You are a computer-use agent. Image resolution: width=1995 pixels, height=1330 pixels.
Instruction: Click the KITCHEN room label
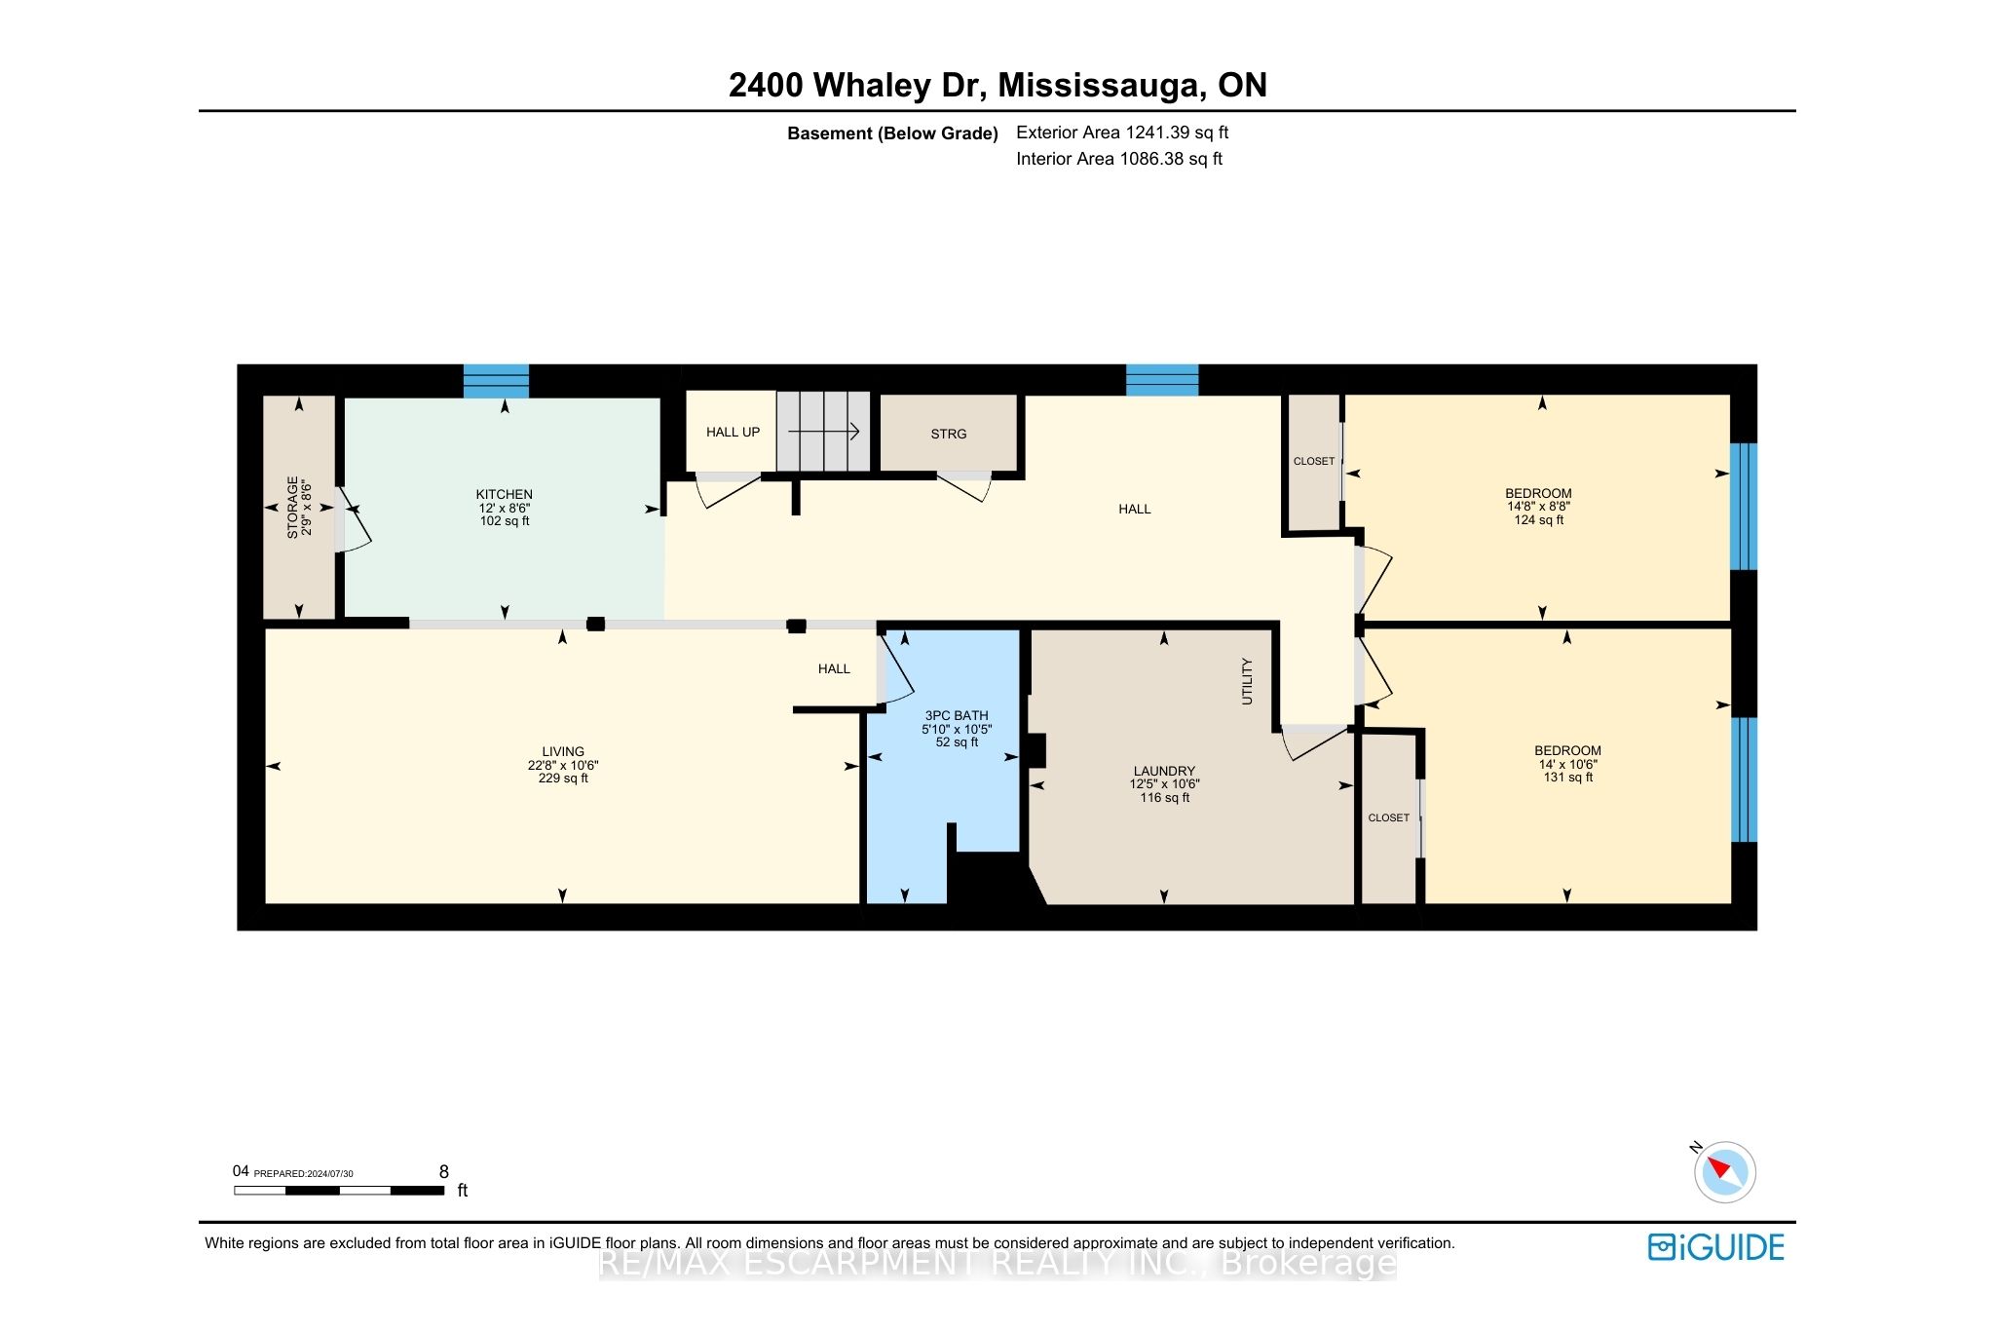(x=505, y=495)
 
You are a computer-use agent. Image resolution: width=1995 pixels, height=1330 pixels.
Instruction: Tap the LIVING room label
(x=563, y=752)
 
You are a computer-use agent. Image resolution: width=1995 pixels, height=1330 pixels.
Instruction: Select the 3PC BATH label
(x=957, y=715)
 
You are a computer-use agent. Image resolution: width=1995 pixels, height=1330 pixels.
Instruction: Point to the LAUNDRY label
(x=1164, y=771)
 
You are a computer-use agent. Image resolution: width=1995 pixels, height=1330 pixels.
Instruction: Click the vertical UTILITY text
(x=1247, y=681)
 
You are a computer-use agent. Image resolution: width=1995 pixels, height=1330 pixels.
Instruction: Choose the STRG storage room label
(x=949, y=434)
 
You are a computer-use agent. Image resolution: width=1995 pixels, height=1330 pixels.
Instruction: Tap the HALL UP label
(x=733, y=432)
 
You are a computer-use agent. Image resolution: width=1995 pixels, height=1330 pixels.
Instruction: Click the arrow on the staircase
(x=823, y=431)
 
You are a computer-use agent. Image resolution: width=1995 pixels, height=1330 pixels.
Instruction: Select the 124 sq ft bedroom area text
(x=1539, y=520)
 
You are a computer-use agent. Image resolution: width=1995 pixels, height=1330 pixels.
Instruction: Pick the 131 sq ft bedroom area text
(x=1568, y=778)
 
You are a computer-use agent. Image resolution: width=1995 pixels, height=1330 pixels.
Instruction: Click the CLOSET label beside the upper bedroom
(x=1314, y=461)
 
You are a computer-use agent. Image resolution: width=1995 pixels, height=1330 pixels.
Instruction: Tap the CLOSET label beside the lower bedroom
(x=1389, y=817)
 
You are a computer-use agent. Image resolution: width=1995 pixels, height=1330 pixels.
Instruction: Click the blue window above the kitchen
(x=496, y=381)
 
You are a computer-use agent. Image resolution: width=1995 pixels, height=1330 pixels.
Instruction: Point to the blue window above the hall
(x=1162, y=380)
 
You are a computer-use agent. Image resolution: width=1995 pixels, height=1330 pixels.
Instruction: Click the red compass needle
(x=1719, y=1165)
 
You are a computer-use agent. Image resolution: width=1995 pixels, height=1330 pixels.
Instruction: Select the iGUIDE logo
(x=1716, y=1247)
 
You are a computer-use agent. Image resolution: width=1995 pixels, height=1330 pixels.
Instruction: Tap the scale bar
(x=339, y=1190)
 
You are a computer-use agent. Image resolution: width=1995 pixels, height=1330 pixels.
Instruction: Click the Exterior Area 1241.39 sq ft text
(x=1122, y=133)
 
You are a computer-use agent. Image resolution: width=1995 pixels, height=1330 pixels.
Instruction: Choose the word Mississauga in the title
(x=1099, y=86)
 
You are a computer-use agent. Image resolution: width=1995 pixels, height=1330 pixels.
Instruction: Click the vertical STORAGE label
(x=292, y=508)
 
